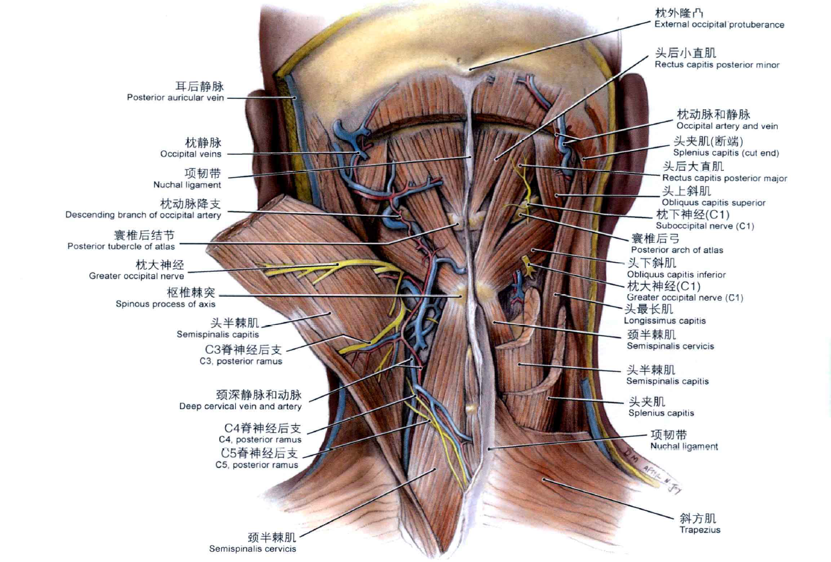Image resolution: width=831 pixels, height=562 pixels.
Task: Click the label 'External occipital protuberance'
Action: (x=719, y=24)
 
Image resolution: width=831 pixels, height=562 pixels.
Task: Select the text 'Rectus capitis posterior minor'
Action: (x=717, y=65)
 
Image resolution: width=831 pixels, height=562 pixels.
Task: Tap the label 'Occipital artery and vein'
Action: (x=727, y=126)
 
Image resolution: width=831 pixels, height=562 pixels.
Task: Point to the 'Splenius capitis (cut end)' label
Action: (x=726, y=153)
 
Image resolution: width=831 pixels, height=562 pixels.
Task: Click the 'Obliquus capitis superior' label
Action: (x=704, y=203)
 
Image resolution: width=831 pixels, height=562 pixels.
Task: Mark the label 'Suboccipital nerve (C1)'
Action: (x=704, y=226)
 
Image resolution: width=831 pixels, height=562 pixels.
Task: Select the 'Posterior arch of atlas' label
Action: (x=677, y=250)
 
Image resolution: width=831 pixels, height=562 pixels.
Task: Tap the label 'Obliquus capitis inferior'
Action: (x=676, y=275)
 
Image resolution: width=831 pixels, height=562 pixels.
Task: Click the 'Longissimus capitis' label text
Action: (x=665, y=321)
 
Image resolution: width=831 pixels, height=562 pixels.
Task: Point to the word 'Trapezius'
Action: (x=699, y=530)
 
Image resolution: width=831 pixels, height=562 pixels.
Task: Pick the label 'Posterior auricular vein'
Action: (x=175, y=98)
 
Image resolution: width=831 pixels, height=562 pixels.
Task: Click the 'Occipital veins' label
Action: (x=191, y=154)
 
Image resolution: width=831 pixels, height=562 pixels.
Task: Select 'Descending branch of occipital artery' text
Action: (x=143, y=215)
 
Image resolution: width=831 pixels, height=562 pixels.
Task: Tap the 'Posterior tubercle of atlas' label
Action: (x=121, y=246)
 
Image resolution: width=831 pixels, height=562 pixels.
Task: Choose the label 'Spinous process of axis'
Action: (x=165, y=304)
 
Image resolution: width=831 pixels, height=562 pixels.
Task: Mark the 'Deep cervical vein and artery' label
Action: (x=240, y=407)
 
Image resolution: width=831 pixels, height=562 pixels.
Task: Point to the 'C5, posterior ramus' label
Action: (x=256, y=465)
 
